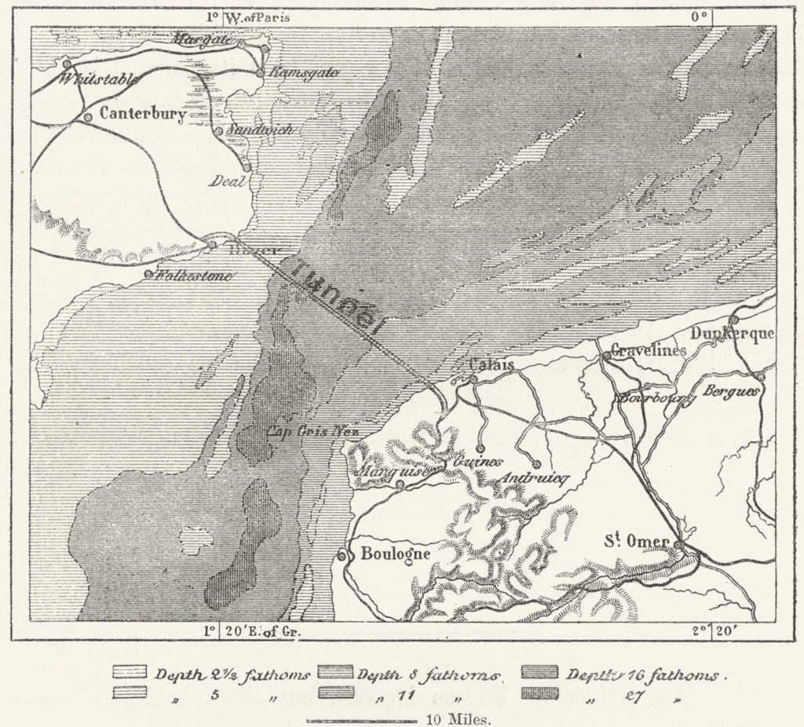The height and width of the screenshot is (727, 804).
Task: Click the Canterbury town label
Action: [x=143, y=115]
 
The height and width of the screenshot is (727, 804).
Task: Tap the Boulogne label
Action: [x=395, y=553]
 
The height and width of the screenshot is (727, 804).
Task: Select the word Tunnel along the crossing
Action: [x=338, y=299]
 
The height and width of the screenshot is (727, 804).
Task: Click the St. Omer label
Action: [x=636, y=542]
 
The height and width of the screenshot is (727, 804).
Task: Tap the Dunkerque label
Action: [x=732, y=334]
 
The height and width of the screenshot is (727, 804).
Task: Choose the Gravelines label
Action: [x=648, y=350]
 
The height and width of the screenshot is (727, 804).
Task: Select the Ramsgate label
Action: [x=304, y=72]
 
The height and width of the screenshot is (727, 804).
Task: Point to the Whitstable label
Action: [x=100, y=79]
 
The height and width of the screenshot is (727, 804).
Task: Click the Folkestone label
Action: [x=195, y=276]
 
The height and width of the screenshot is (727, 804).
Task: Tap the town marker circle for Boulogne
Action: [x=342, y=556]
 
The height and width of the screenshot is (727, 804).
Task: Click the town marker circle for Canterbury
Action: [x=88, y=116]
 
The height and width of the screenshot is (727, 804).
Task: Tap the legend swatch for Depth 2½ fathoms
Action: [x=130, y=673]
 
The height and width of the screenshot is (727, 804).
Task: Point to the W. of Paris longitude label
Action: [x=248, y=16]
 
